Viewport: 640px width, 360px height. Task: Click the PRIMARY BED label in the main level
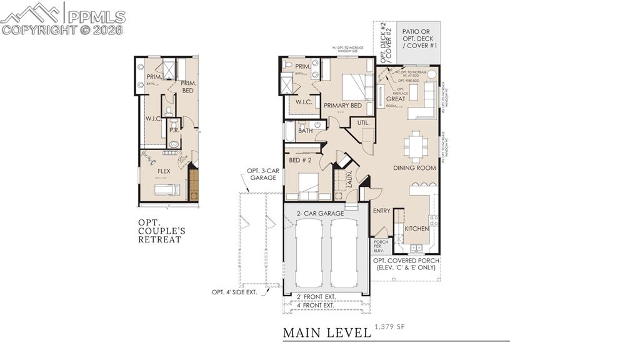(342, 106)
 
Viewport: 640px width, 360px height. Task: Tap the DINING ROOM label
(414, 168)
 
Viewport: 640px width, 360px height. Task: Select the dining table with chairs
(414, 146)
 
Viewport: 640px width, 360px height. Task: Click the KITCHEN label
(416, 229)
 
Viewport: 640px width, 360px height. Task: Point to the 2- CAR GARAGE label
(320, 214)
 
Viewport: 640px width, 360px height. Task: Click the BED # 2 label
(299, 161)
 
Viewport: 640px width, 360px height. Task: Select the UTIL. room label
(363, 123)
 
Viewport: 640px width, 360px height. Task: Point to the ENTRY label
(381, 211)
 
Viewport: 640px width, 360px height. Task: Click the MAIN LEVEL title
(326, 332)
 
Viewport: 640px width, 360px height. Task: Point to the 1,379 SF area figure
(389, 327)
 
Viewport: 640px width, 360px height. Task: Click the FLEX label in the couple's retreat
(164, 171)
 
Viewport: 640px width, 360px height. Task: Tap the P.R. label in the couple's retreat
(173, 132)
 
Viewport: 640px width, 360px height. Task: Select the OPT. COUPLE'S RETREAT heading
(161, 231)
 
